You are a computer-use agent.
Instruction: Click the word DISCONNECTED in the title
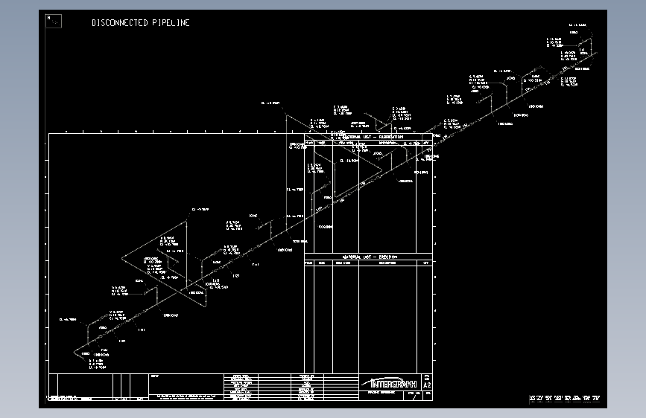(x=119, y=23)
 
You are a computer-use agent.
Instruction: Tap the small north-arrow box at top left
(x=54, y=21)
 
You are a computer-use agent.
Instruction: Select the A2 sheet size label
(x=427, y=385)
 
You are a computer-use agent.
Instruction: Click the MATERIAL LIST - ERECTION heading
(x=368, y=257)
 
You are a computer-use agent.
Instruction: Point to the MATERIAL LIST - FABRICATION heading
(x=370, y=137)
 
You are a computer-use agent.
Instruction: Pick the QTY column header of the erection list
(x=426, y=263)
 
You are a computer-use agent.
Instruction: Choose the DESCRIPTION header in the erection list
(x=387, y=263)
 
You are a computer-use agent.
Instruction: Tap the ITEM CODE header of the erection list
(x=343, y=263)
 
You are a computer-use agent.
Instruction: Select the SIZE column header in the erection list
(x=321, y=263)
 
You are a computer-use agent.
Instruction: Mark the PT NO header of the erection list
(x=308, y=263)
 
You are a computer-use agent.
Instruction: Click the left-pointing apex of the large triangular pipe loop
(x=123, y=259)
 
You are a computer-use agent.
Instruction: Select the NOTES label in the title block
(x=154, y=376)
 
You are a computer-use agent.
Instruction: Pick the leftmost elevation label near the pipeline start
(x=67, y=319)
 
